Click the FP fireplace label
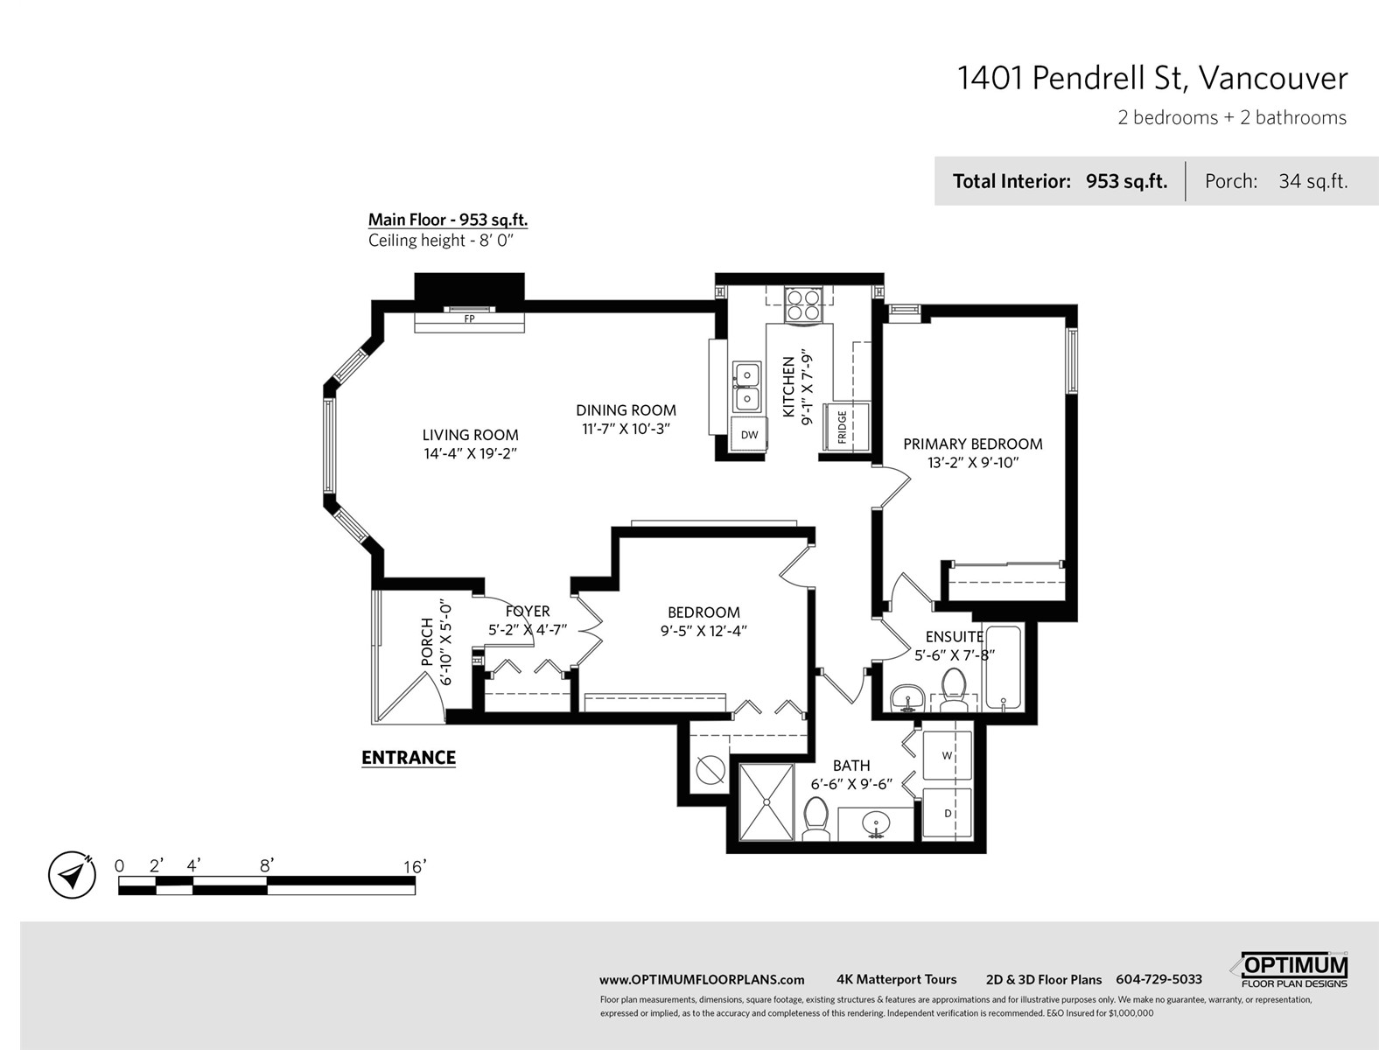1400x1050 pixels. coord(469,318)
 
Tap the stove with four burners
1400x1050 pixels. coord(802,305)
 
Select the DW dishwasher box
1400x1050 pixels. coord(749,435)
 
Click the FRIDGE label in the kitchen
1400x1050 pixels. coord(842,426)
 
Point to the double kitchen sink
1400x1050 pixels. coord(746,387)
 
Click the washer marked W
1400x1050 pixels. coord(947,755)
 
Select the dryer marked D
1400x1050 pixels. coord(947,813)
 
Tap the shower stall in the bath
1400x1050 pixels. coord(766,802)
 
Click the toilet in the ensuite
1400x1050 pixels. coord(954,689)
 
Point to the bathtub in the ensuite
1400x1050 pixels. coord(1004,667)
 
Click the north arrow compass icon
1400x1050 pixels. coord(72,875)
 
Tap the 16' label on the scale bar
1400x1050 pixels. coord(415,866)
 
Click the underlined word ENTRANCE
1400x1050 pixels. coord(409,758)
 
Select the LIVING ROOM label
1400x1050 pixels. coord(470,435)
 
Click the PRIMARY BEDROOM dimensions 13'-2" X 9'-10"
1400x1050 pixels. coord(973,462)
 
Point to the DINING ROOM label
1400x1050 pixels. coord(626,409)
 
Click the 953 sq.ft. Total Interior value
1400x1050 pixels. coord(1126,181)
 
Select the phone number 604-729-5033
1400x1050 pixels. coord(1158,979)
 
